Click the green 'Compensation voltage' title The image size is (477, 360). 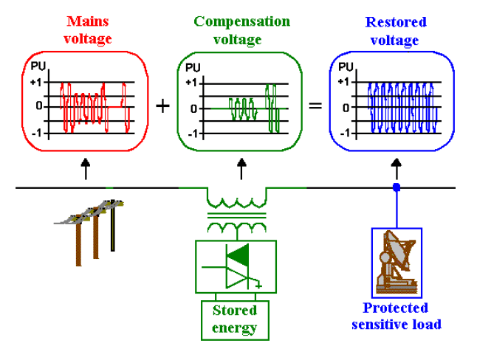pos(241,29)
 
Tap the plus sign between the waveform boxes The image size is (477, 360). pos(162,105)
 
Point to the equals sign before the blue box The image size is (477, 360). pos(315,105)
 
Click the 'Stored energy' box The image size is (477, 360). pos(234,317)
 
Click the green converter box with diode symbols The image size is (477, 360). pos(234,266)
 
